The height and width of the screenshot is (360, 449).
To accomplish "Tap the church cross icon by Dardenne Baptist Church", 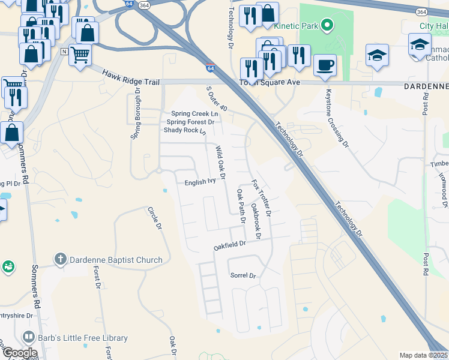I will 60,260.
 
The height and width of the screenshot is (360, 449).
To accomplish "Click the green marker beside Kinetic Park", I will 327,26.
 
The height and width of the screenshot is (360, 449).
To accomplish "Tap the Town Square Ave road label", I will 270,83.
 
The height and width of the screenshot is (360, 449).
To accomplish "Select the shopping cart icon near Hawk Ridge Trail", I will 80,55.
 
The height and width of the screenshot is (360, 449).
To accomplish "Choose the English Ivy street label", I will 200,181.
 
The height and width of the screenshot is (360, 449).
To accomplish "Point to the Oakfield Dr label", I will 231,245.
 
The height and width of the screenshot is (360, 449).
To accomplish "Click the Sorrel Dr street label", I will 243,275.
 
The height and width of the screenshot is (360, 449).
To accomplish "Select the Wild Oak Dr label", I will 220,162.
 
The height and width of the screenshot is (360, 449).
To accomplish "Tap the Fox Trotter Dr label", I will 262,197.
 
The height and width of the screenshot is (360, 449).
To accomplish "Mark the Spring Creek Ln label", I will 194,113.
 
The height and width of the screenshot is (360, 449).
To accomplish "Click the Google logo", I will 20,352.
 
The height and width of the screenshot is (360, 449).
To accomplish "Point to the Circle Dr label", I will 155,218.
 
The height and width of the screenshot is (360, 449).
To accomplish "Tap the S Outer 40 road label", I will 217,98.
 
